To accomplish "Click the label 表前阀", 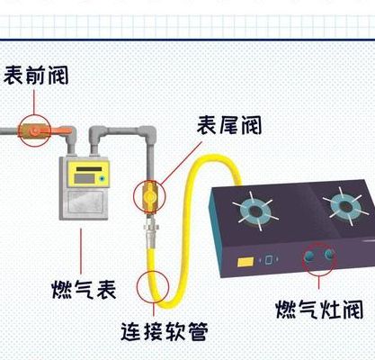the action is click(36, 75).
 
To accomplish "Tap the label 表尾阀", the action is click(229, 125).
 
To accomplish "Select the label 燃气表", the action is click(84, 289).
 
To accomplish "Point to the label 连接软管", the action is click(165, 331).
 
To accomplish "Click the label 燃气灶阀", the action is click(319, 309).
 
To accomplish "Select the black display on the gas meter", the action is click(89, 169).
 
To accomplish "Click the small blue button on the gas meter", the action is click(103, 179).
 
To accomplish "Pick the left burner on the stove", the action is click(255, 211).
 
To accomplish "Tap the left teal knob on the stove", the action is click(309, 256).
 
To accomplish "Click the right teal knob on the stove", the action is click(328, 254).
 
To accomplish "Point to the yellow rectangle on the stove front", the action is click(246, 262).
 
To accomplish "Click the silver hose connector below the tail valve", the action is click(149, 228).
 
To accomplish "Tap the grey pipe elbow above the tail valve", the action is click(147, 133).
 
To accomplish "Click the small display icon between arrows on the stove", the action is click(269, 259).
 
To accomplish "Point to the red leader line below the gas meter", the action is click(81, 251).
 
